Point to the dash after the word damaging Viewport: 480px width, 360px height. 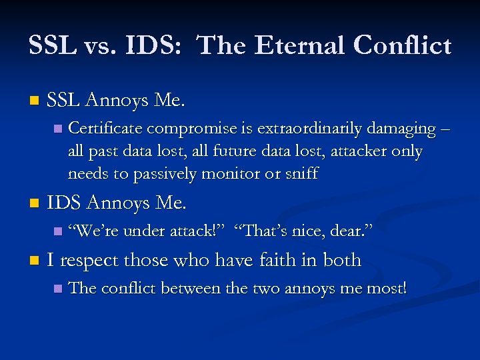(446, 127)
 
